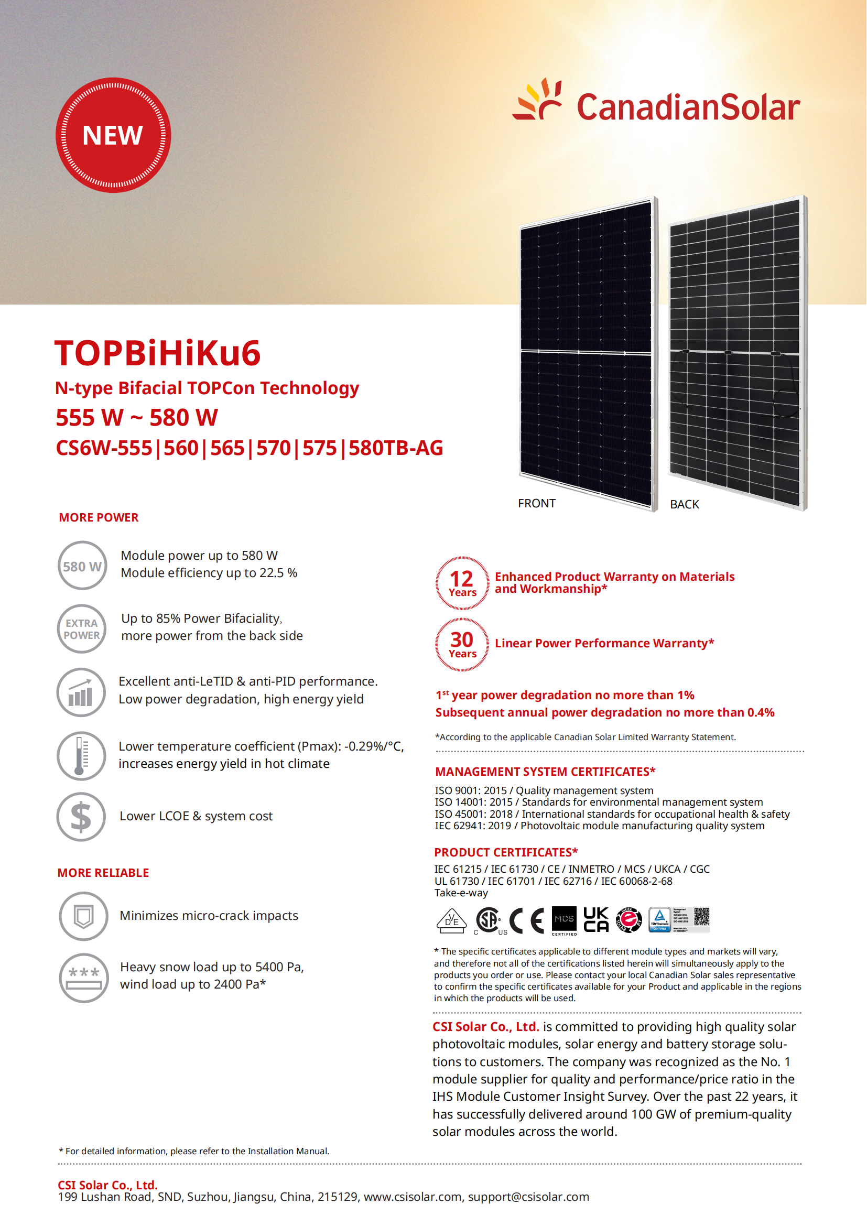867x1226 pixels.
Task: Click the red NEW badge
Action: coord(113,135)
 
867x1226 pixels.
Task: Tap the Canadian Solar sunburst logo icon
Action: coord(538,100)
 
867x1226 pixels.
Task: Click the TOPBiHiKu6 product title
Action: coord(157,353)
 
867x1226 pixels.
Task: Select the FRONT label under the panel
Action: coord(537,503)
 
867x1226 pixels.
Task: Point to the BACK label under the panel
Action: coord(685,504)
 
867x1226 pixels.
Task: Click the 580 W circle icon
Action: coord(82,566)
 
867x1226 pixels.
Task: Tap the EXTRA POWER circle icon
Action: coord(82,628)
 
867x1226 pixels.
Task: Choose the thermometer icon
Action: coord(81,756)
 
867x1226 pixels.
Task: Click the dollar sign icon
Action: coord(81,817)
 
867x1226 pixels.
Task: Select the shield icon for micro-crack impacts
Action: coord(83,916)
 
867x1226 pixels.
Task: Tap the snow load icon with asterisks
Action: coord(84,978)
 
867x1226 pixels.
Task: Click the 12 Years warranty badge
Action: coord(462,583)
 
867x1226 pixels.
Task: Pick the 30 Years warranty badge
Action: coord(462,645)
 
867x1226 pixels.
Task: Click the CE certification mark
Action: coord(526,920)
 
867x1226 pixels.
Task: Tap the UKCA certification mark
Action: coord(596,919)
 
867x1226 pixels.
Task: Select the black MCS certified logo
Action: coord(564,920)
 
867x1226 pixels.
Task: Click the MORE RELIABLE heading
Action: coord(103,873)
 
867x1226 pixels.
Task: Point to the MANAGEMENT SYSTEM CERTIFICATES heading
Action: coord(545,772)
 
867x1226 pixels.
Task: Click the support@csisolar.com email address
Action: coord(528,1197)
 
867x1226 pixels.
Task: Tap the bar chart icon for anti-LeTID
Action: coord(81,692)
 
